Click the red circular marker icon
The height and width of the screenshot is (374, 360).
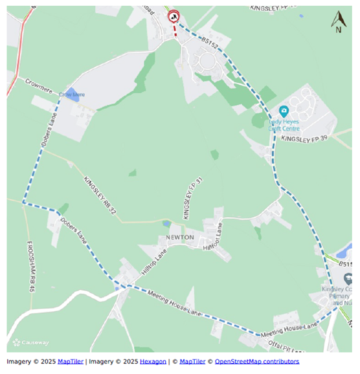[x=173, y=16]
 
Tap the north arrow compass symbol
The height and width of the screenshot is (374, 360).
[x=338, y=22]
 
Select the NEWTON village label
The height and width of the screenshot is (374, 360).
[x=179, y=237]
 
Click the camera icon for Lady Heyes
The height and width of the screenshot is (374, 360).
[x=283, y=111]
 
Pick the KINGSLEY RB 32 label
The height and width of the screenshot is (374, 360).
[x=100, y=194]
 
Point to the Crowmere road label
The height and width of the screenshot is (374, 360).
[x=39, y=85]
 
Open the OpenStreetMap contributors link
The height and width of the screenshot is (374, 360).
[x=257, y=361]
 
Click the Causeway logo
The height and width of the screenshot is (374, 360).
[x=30, y=342]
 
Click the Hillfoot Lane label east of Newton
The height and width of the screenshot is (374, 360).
[x=213, y=239]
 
